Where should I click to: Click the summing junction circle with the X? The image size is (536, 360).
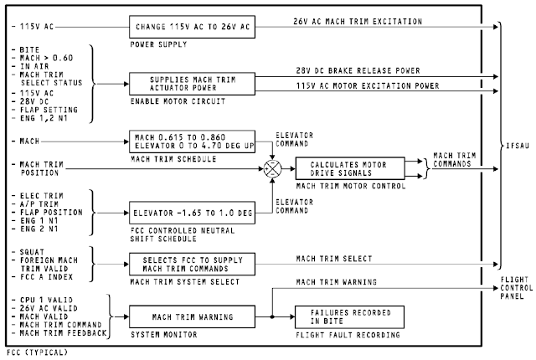coord(272,167)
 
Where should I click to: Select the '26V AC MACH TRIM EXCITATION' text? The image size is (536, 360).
coord(358,20)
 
